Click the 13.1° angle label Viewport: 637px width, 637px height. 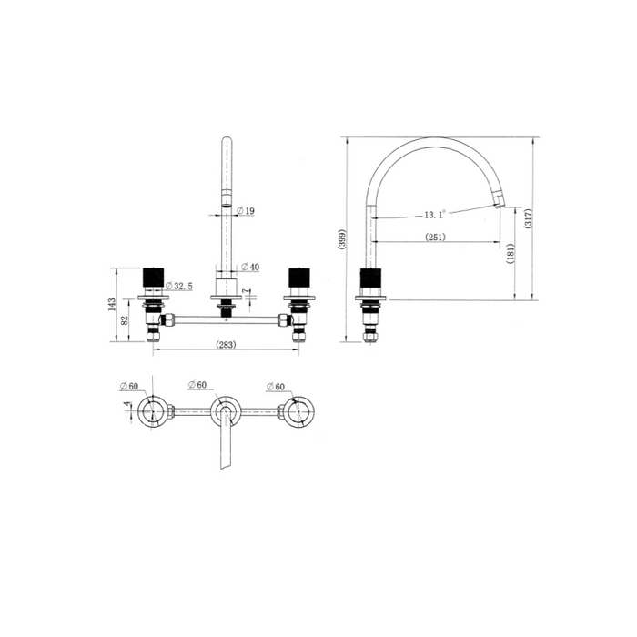click(435, 214)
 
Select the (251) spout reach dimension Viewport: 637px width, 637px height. click(435, 237)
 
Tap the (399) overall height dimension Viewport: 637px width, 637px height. click(342, 239)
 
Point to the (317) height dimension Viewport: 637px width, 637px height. click(528, 218)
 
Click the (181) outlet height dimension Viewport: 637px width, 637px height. click(511, 253)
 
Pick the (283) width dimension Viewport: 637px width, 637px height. click(226, 345)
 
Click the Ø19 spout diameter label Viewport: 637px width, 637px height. click(245, 210)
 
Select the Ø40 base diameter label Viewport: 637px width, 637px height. click(250, 267)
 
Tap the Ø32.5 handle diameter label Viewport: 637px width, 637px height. click(178, 286)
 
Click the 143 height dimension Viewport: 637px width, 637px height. click(112, 305)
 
